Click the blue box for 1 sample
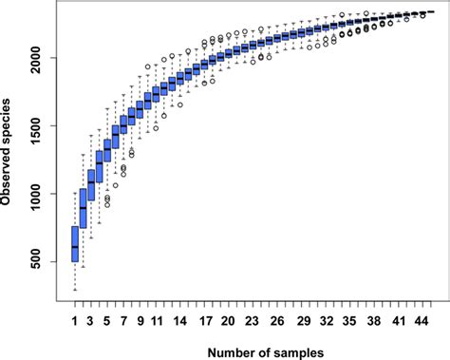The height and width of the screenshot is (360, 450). (x=75, y=244)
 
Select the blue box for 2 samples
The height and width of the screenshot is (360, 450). (x=83, y=208)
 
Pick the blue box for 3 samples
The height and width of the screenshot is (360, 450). (x=91, y=187)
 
